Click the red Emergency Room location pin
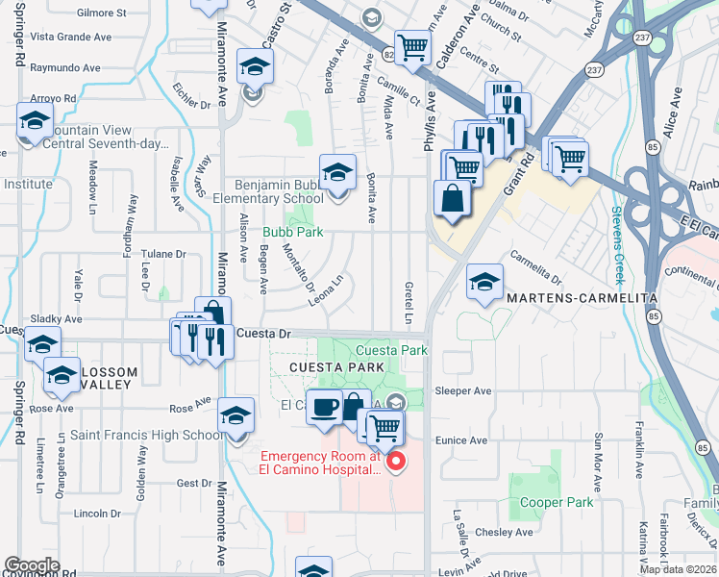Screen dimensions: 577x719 coord(392,462)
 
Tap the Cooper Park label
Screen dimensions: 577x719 coord(557,502)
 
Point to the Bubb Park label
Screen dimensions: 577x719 coord(293,232)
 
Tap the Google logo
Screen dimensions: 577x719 coord(31,565)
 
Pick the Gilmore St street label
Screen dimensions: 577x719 coord(102,13)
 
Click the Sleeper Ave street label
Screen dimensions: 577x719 coord(462,391)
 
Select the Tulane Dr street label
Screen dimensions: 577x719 coord(163,255)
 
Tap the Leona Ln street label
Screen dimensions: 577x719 coord(326,292)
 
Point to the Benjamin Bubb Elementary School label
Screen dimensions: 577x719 coord(275,191)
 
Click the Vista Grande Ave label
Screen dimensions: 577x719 coord(71,38)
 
